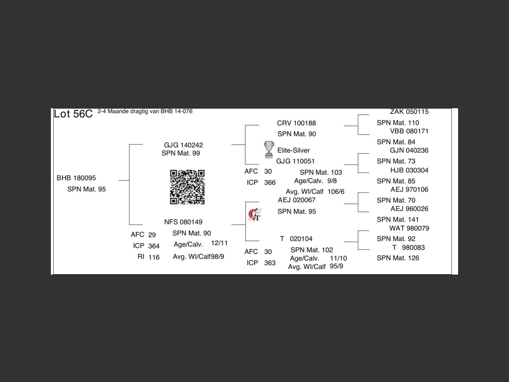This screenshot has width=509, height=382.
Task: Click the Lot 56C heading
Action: (73, 114)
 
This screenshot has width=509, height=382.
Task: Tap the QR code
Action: (187, 187)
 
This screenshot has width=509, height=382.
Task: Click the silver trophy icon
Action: (269, 149)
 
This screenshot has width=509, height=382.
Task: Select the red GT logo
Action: (254, 214)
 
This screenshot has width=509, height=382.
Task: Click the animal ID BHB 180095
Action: (76, 178)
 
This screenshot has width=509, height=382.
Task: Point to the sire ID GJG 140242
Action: (183, 145)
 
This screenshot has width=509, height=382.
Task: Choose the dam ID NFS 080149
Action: (183, 222)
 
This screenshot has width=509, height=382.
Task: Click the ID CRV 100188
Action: (296, 123)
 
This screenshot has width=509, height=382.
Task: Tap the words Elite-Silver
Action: (293, 150)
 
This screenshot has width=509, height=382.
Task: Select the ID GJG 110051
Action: (295, 161)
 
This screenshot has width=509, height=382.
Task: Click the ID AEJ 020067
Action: (297, 200)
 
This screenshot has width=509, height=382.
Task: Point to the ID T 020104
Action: (296, 239)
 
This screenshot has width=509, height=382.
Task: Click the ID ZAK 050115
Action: (409, 112)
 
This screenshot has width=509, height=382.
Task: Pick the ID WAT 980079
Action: (409, 228)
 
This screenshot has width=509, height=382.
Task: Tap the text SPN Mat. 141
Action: (398, 220)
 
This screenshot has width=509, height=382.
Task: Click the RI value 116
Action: (154, 257)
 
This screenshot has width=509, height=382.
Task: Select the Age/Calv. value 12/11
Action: (220, 243)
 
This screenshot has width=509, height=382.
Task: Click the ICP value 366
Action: (270, 183)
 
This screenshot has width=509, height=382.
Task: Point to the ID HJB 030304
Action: (409, 170)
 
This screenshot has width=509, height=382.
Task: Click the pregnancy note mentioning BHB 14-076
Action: (145, 111)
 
